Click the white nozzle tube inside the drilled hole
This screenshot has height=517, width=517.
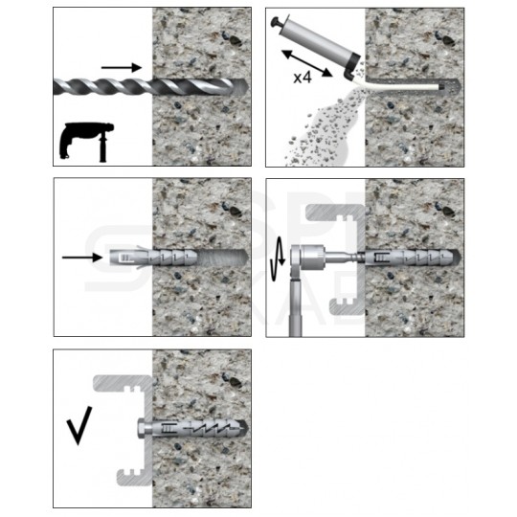click(x=402, y=85)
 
